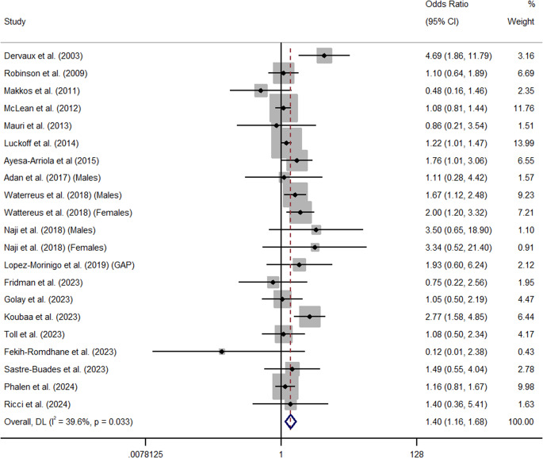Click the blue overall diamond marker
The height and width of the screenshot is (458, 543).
coord(290,421)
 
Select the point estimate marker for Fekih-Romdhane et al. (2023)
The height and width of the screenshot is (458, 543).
coord(222,351)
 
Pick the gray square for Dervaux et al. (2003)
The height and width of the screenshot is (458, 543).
coord(323,56)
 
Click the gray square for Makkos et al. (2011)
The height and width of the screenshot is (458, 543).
coord(261,90)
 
